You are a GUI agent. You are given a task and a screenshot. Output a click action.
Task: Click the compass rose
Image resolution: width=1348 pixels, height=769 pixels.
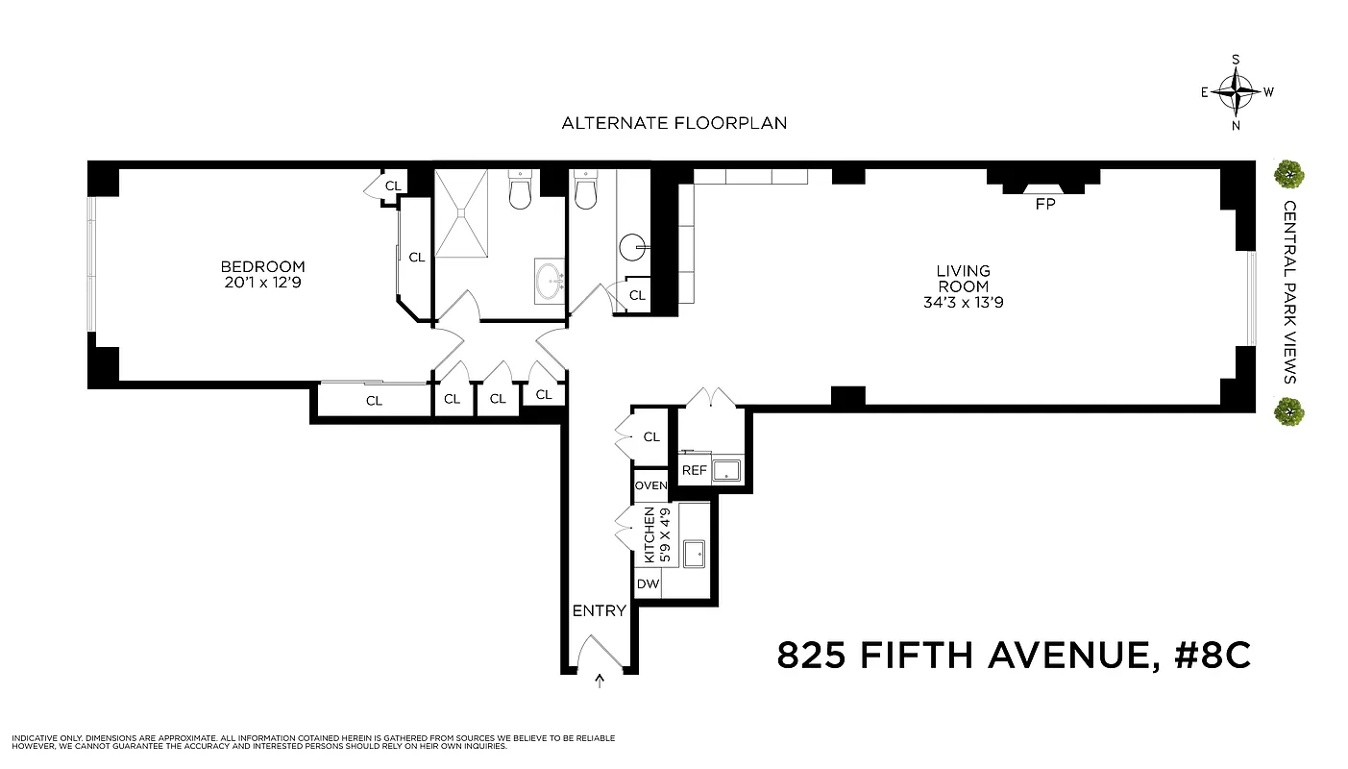point(1236,92)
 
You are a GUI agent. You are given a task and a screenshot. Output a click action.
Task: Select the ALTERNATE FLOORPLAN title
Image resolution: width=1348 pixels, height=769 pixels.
point(674,123)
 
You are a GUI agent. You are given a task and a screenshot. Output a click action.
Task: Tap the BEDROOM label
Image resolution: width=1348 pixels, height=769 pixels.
point(262,266)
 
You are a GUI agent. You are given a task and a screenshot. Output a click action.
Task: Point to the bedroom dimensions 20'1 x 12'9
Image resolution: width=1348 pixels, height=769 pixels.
point(262,283)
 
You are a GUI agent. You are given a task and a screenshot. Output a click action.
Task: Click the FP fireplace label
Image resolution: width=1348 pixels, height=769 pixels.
point(1044,205)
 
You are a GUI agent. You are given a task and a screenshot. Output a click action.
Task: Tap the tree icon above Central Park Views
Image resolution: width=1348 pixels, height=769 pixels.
point(1288,174)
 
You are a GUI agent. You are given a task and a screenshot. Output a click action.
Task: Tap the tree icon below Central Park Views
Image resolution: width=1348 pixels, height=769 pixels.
point(1288,412)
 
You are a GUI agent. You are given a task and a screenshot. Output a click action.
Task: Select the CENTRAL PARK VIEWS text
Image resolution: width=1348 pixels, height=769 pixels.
point(1289,292)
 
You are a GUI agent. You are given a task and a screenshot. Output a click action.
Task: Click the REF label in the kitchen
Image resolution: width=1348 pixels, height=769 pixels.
point(694,471)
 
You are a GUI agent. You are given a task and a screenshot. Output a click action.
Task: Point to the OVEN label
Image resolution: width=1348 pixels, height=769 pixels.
point(650,485)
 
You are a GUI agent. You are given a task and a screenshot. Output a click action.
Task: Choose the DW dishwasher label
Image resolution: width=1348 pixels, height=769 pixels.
point(647,583)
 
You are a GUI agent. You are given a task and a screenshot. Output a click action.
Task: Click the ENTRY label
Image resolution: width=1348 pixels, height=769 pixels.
point(599,610)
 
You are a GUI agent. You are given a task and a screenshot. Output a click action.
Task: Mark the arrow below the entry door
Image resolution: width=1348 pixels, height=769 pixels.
point(600,682)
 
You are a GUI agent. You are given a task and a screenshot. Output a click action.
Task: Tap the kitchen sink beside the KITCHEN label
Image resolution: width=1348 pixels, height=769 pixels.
point(694,553)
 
